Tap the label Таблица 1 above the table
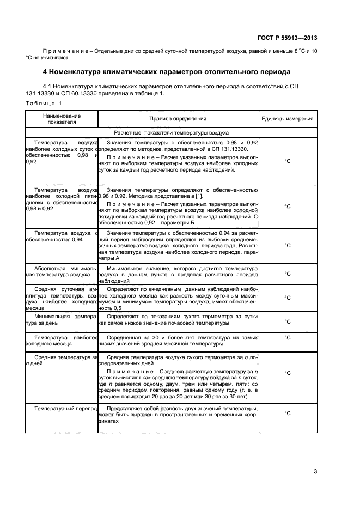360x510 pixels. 44,103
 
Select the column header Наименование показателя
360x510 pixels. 62,119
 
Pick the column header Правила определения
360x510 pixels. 178,119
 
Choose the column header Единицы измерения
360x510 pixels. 287,119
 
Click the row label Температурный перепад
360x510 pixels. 65,408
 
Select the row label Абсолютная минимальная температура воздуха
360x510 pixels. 62,272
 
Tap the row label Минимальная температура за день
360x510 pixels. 62,319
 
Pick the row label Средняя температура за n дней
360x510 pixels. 62,361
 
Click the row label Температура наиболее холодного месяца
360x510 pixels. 62,341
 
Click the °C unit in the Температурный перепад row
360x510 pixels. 288,414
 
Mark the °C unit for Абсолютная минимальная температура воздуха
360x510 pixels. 288,274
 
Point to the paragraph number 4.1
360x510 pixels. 47,86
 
